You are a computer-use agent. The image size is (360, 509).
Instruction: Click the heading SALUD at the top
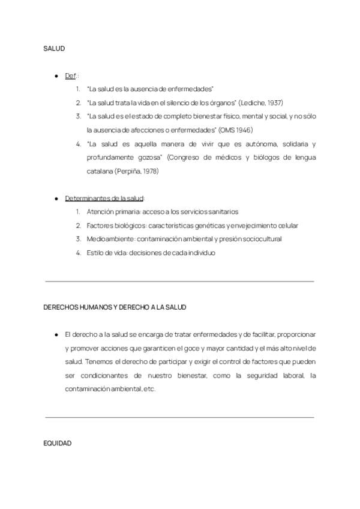54,48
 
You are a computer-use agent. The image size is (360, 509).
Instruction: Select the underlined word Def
70,76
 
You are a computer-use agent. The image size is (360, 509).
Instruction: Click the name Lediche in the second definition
251,103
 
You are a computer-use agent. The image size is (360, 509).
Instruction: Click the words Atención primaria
109,212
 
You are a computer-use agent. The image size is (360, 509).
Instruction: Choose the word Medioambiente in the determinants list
106,239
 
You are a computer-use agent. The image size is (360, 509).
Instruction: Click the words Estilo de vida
106,253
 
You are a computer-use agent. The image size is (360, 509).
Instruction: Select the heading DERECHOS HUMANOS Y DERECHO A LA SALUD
115,307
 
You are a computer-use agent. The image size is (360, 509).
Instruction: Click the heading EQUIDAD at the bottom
58,443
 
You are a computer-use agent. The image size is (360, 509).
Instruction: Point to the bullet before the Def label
56,76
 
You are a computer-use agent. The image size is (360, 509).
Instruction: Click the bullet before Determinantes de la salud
56,198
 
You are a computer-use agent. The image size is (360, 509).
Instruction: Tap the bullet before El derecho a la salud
56,334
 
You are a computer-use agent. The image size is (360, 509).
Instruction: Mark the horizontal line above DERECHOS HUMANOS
179,280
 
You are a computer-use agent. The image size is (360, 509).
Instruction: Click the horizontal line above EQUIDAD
179,417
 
